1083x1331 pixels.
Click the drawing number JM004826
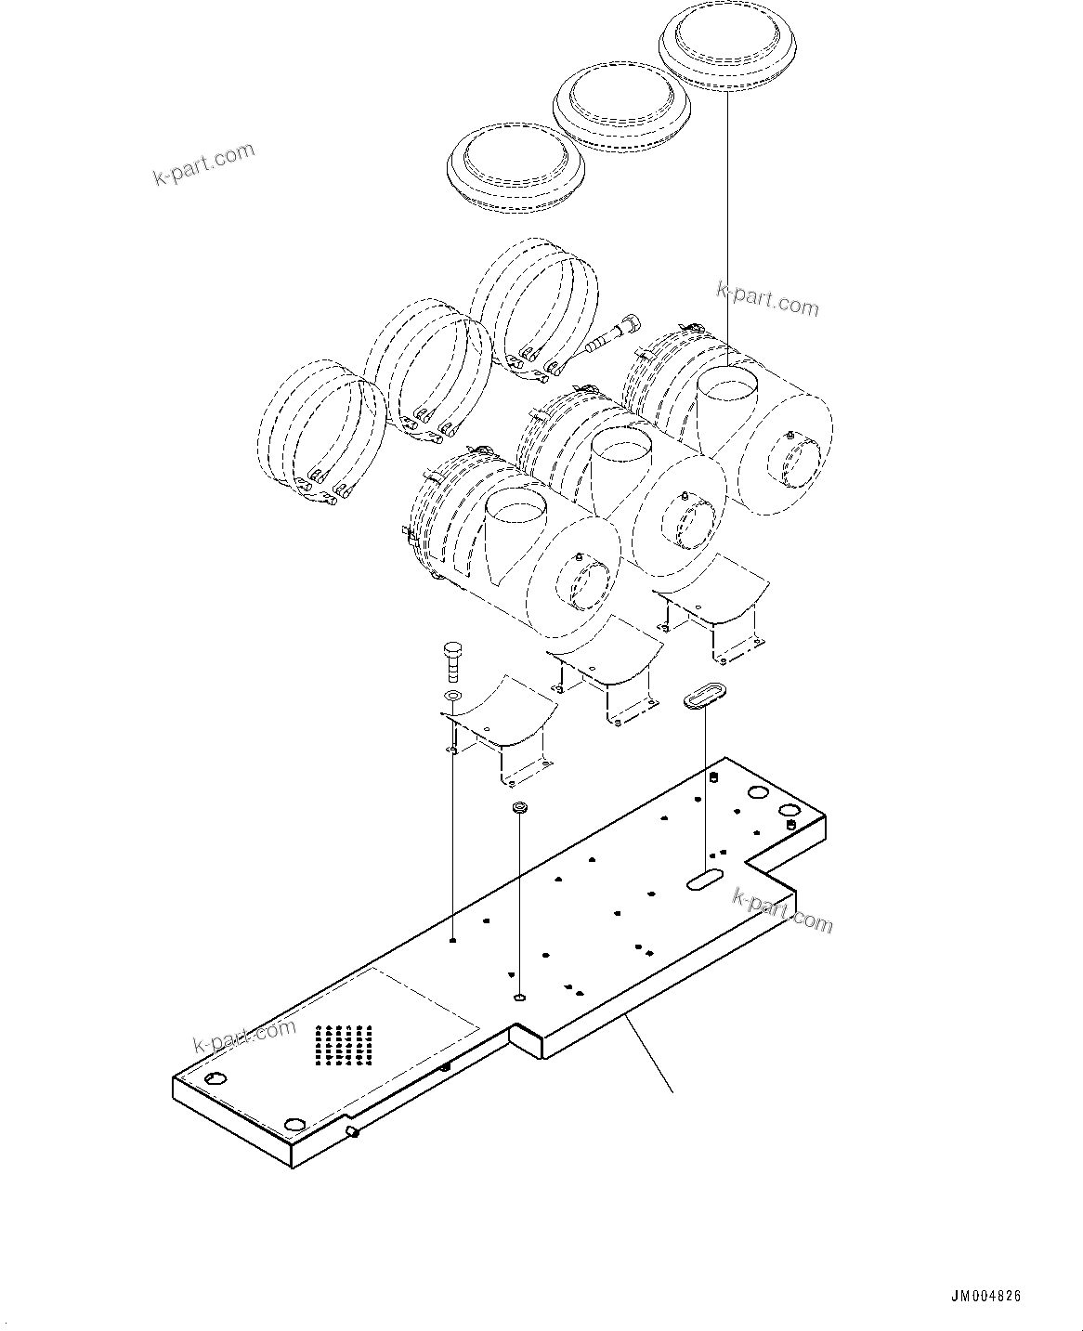(x=985, y=1297)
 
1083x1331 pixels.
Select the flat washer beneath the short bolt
(x=452, y=697)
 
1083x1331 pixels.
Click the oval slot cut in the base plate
(x=705, y=881)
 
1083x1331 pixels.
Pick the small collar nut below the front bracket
(x=519, y=807)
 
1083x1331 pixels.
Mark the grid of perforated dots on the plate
(x=344, y=1045)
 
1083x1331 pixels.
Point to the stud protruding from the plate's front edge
(x=353, y=1132)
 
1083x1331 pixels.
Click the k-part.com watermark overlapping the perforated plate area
(x=244, y=1037)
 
